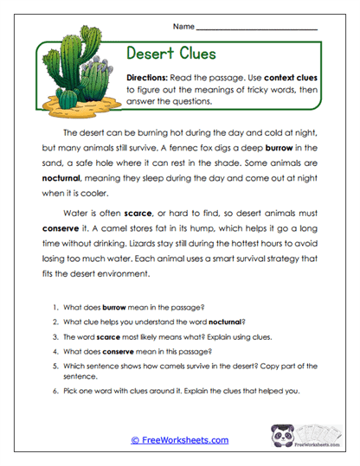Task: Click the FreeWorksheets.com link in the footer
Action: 179,441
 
